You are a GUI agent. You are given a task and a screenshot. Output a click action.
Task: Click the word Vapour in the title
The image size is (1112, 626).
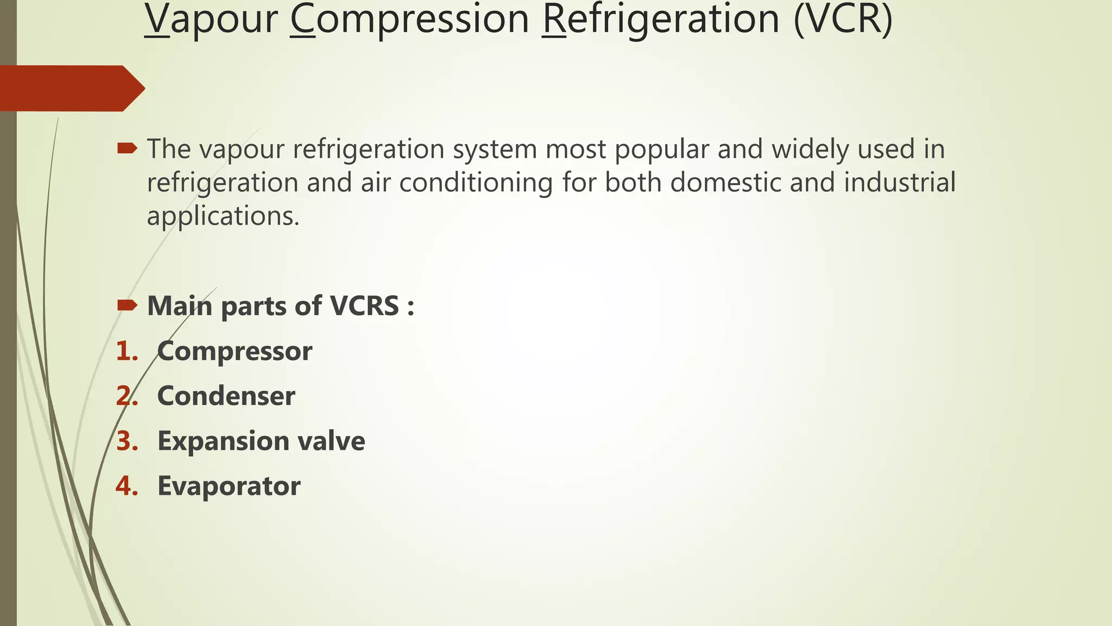tap(211, 20)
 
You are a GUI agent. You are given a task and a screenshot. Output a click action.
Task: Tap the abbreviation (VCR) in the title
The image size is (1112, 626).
tap(843, 20)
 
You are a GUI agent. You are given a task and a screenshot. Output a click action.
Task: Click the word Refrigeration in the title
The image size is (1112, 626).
tap(661, 20)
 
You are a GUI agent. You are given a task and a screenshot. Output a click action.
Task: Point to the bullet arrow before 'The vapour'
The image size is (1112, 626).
tap(127, 148)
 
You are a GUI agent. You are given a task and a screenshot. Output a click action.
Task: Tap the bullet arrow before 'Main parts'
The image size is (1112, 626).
tap(127, 305)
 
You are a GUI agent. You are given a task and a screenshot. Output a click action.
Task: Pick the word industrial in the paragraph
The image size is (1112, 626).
tap(899, 182)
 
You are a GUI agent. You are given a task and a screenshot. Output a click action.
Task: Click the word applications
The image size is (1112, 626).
tap(223, 216)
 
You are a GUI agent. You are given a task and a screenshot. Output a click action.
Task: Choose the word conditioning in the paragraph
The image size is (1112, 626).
tap(476, 183)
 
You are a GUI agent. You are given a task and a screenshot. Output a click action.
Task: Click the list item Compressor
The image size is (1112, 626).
tap(235, 351)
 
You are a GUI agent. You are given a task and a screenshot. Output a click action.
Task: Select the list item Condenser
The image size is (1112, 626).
tap(226, 396)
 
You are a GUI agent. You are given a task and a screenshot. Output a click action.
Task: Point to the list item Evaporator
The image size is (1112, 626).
tap(229, 486)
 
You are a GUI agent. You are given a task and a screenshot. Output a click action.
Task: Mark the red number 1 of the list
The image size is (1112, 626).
tap(126, 351)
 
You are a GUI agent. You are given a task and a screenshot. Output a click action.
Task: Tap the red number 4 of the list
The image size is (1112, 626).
tap(126, 486)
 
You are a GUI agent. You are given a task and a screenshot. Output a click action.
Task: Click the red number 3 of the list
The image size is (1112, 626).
tap(126, 441)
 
